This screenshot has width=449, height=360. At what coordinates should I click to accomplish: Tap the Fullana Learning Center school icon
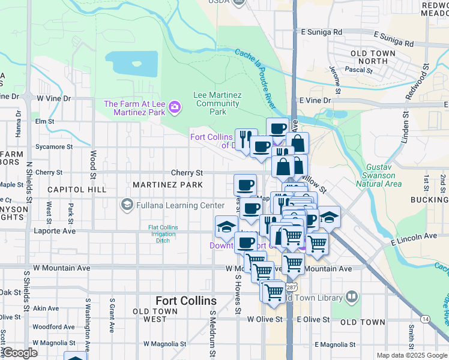pyautogui.click(x=126, y=205)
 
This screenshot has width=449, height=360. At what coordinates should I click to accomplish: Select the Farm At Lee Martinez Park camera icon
pyautogui.click(x=175, y=107)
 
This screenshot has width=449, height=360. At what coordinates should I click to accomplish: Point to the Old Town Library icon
pyautogui.click(x=351, y=296)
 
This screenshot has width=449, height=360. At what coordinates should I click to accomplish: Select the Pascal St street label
pyautogui.click(x=364, y=70)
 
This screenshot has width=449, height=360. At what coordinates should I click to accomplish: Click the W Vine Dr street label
pyautogui.click(x=53, y=97)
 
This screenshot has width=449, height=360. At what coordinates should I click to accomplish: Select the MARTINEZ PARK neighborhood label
pyautogui.click(x=167, y=185)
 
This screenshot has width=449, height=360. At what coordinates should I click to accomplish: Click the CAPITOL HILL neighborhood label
pyautogui.click(x=77, y=189)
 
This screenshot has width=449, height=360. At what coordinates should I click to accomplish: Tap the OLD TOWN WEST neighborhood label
pyautogui.click(x=155, y=315)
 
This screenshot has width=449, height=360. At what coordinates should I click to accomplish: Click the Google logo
pyautogui.click(x=20, y=352)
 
